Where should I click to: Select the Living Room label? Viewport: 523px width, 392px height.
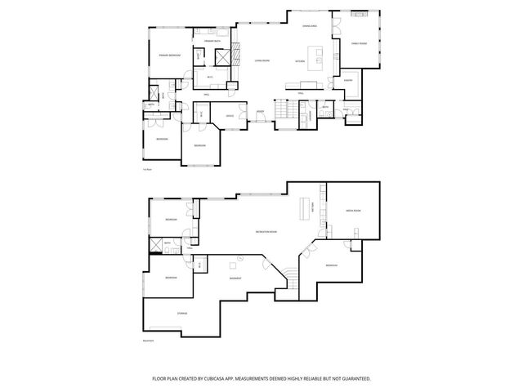coord(261,60)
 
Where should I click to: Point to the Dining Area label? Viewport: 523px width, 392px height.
coord(309,26)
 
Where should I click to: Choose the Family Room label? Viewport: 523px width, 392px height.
coord(359,42)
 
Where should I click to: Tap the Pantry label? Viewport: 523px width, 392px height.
coord(347,80)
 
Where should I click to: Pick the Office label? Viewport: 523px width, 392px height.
coord(231,115)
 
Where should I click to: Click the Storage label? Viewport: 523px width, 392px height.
coord(181,313)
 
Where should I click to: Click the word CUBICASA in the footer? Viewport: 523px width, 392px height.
coord(235,379)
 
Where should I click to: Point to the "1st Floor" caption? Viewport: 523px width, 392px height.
coord(148,168)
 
